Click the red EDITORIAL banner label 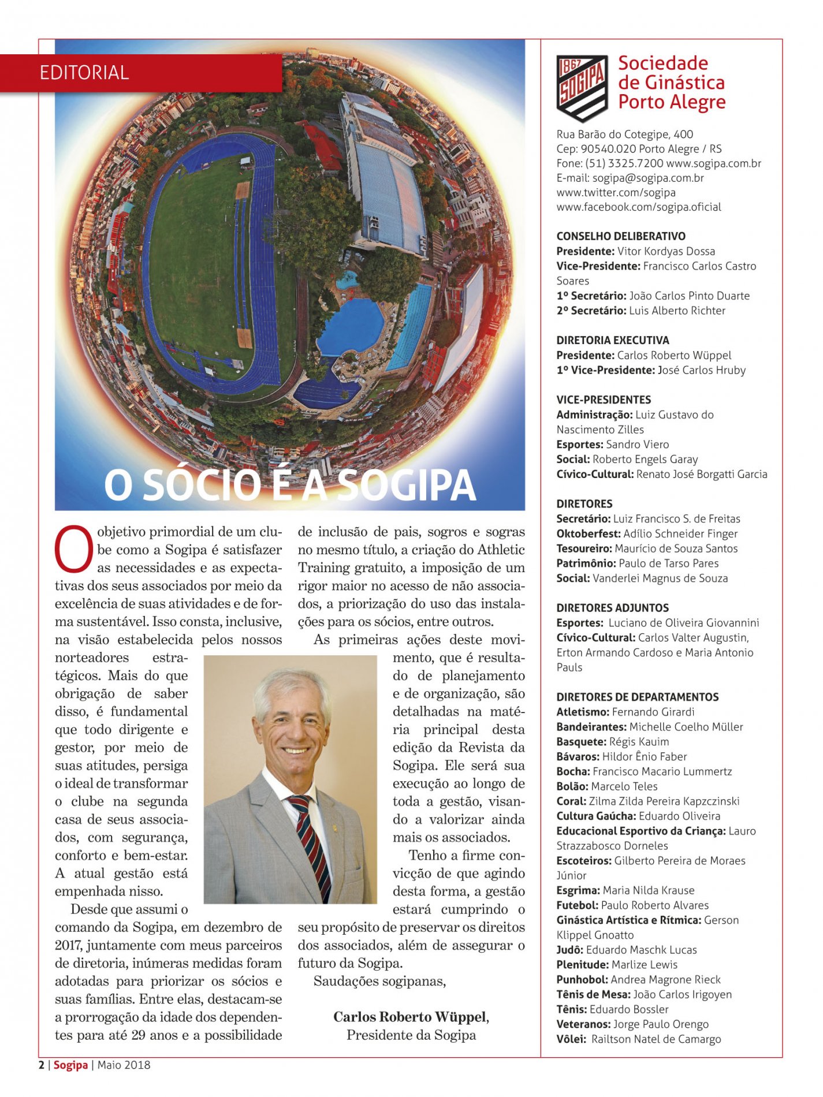pos(84,73)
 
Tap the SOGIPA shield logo pos(582,88)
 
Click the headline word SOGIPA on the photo pos(406,486)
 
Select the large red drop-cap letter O pos(74,548)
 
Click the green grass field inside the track pos(196,260)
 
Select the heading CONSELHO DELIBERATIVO pos(621,236)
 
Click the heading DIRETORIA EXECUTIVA pos(613,340)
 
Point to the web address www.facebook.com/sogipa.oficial pos(639,207)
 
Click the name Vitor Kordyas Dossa pos(666,251)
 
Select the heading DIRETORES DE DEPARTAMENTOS pos(638,697)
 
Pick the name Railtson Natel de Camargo pos(656,1039)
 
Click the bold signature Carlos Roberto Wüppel pos(410,1017)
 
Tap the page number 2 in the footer pos(42,1065)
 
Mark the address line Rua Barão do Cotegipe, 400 pos(625,134)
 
